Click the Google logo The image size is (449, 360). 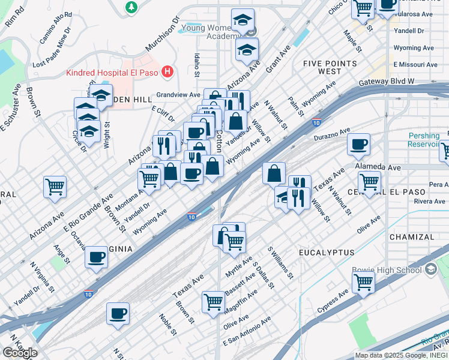(20, 353)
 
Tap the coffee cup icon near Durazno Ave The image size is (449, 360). (358, 144)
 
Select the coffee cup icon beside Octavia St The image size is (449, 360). (96, 257)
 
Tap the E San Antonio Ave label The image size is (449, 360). (247, 332)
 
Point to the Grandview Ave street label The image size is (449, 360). (178, 95)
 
